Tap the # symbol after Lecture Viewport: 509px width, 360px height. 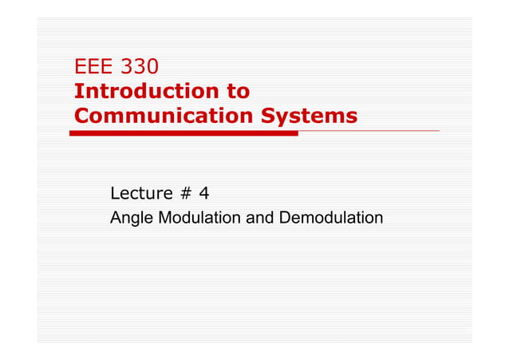[x=185, y=193]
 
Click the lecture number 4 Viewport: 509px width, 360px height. [x=203, y=193]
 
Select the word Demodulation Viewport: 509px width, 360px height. [x=329, y=217]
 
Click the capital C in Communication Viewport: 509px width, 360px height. [x=81, y=116]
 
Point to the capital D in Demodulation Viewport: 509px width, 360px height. [x=281, y=217]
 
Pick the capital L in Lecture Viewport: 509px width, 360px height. [x=114, y=193]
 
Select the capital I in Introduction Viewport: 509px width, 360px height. [x=77, y=91]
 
